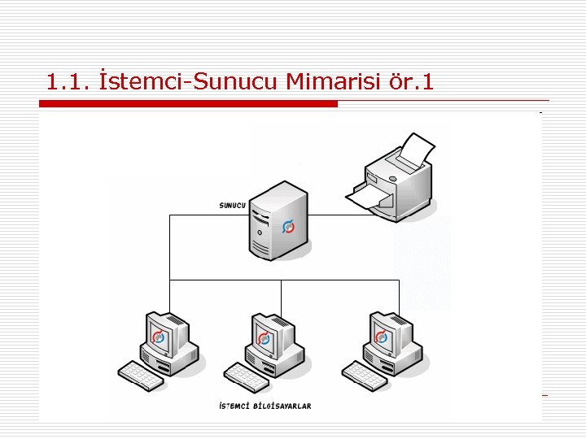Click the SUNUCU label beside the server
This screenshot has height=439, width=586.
pyautogui.click(x=232, y=205)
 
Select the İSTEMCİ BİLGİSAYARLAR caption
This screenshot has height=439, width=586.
pyautogui.click(x=265, y=406)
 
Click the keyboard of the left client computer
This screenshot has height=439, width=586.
pyautogui.click(x=140, y=375)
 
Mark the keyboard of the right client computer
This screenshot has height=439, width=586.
pyautogui.click(x=363, y=375)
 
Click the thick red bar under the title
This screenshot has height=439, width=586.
pyautogui.click(x=188, y=104)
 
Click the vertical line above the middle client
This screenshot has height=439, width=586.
pyautogui.click(x=281, y=297)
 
